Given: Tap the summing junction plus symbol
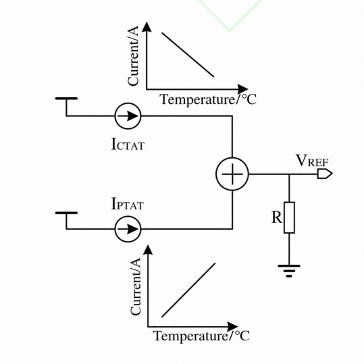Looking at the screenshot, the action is coord(232,174).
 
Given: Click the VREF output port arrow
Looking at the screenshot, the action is coord(325,174).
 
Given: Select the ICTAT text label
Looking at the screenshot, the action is coord(128,144).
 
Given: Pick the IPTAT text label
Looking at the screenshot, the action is coord(128,203).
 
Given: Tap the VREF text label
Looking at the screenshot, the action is coord(312,161).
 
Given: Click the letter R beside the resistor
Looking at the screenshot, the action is coord(277,217).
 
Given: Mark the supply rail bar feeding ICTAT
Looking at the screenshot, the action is coord(66,99).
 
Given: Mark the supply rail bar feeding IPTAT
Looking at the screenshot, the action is coord(66,213).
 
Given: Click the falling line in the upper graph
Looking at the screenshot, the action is coord(188,55).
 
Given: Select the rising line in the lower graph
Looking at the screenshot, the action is coord(188,290).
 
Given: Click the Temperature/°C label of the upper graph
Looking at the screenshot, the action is coord(208,99).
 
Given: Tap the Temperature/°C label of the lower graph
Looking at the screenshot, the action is coord(201,336).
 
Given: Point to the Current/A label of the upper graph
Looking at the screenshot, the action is coord(133,55).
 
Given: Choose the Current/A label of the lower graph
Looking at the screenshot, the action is coord(136,286).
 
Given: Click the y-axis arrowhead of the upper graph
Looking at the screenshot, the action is coord(147,27).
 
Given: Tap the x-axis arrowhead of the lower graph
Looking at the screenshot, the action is coord(232,327).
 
